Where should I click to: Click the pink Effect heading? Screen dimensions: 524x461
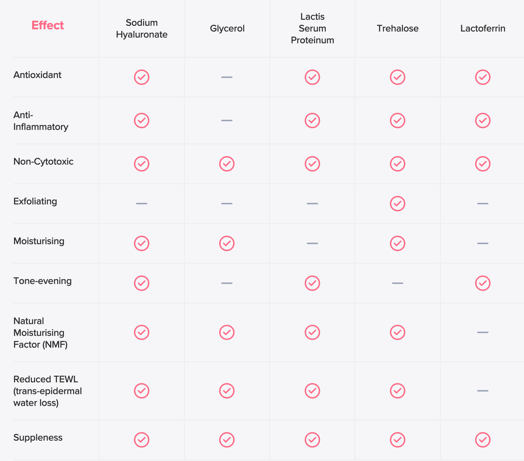[48, 25]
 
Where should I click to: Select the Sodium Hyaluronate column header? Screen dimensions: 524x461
[141, 28]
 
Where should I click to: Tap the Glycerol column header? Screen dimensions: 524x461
[227, 28]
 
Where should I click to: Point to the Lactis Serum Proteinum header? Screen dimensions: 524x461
[312, 28]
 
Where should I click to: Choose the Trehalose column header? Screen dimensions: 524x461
[397, 28]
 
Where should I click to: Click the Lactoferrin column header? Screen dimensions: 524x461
[483, 28]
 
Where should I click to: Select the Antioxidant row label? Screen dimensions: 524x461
[37, 75]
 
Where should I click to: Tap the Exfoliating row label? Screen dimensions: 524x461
[35, 201]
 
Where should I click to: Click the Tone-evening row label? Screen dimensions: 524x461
[42, 281]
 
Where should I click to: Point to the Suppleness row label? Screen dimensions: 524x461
[38, 438]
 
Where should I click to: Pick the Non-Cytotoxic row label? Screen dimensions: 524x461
[43, 161]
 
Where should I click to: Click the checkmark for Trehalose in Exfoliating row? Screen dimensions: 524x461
[397, 204]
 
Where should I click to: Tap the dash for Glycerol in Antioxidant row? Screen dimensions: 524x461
[227, 77]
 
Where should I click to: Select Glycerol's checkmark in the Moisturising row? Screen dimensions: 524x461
[227, 244]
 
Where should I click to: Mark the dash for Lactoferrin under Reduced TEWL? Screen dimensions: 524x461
[483, 391]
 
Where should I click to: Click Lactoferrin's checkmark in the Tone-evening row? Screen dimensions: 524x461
[483, 283]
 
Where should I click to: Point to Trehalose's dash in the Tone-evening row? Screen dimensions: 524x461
[397, 283]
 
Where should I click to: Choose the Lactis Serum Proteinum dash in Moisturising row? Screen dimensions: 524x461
[312, 244]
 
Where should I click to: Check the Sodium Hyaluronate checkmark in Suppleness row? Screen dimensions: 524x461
[141, 440]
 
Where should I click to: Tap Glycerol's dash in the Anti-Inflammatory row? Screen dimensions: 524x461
[227, 121]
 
